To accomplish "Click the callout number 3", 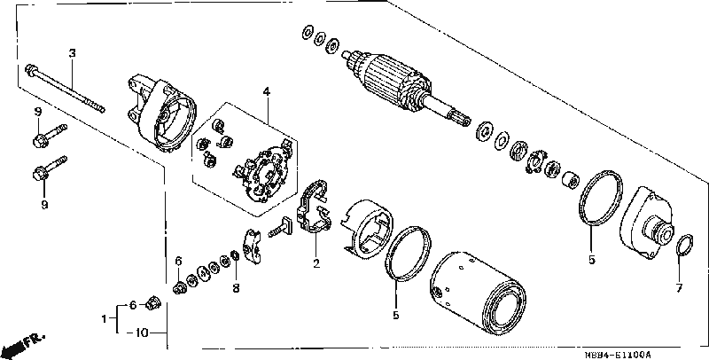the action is tap(72, 53).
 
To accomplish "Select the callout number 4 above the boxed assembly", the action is tap(267, 92).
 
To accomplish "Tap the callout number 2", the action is tap(316, 263).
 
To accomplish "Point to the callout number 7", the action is tap(679, 287).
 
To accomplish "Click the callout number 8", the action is tap(236, 287).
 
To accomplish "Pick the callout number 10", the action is tap(142, 333).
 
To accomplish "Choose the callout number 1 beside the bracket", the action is tap(104, 319).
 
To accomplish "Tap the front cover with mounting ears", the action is tap(161, 113).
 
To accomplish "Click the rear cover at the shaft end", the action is tap(650, 224).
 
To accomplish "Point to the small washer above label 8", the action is tap(235, 255).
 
